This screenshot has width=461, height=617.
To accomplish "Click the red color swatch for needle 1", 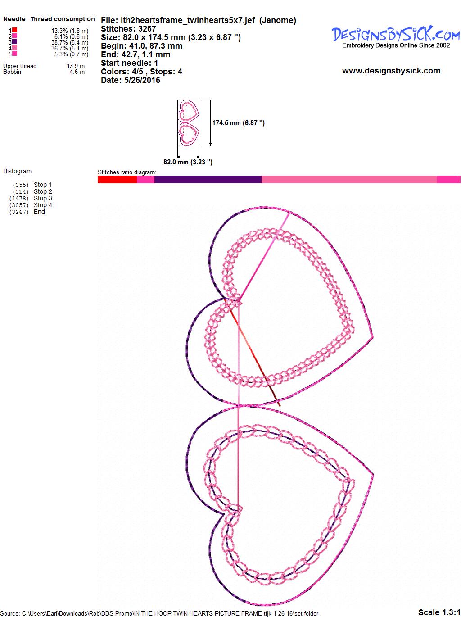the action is point(14,30).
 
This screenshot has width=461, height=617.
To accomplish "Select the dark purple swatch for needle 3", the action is point(14,42).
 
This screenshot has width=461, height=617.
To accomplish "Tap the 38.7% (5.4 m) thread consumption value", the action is point(70,42).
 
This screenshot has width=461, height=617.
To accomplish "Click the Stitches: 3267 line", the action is point(128,29).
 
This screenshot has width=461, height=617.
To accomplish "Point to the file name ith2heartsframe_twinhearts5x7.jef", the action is point(188,20).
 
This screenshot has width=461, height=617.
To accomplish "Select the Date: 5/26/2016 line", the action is point(131,80).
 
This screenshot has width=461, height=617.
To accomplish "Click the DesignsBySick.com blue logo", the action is point(396,34).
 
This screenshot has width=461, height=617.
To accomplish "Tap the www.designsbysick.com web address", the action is point(391,71).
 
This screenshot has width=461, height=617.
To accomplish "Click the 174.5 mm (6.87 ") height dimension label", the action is point(238,123).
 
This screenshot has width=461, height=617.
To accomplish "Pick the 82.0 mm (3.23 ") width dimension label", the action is point(188,162).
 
